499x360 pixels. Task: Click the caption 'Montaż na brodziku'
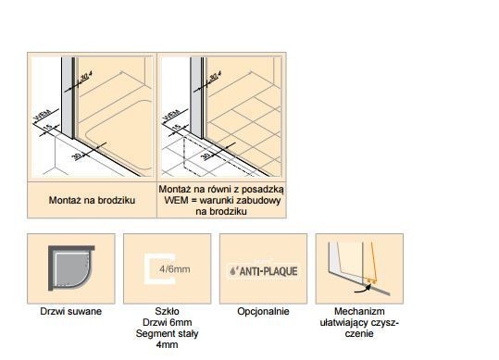(91, 199)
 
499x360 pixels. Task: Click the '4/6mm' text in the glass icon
(169, 269)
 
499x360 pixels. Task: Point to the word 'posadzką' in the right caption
(261, 188)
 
